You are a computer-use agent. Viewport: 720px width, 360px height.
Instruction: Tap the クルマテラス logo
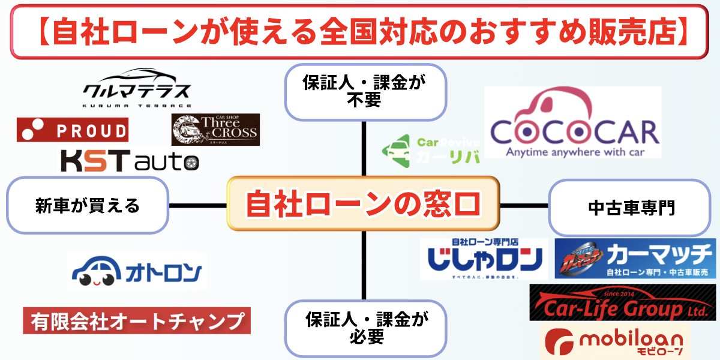[x=136, y=88]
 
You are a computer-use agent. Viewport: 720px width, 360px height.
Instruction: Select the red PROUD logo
[x=72, y=130]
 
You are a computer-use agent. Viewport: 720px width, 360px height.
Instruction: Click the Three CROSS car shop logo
[x=215, y=130]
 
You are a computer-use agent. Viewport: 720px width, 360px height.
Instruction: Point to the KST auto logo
[x=129, y=161]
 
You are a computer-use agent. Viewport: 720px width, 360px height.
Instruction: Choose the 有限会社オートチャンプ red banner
[x=136, y=321]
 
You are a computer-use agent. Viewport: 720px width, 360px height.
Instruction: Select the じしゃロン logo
[x=484, y=259]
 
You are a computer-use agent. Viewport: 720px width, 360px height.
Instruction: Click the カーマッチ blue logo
[x=635, y=259]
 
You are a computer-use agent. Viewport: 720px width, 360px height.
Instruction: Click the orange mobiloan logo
[x=618, y=343]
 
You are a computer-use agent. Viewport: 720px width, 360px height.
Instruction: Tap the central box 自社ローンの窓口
[x=362, y=204]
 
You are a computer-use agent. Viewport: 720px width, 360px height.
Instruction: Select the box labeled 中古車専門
[x=632, y=208]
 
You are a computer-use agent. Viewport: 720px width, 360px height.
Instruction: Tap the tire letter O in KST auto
[x=190, y=162]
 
